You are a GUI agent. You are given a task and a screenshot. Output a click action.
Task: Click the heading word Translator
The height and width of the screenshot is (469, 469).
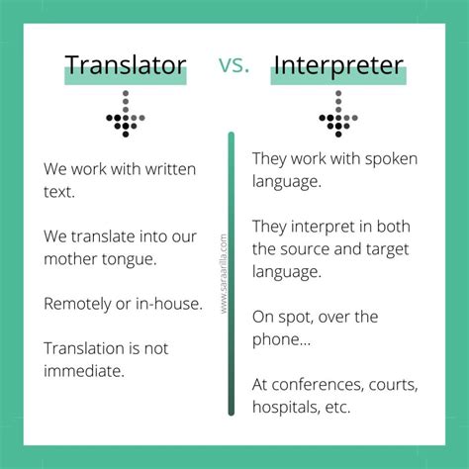coord(126,66)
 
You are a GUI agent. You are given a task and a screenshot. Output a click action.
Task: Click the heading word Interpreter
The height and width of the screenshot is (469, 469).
coord(337,66)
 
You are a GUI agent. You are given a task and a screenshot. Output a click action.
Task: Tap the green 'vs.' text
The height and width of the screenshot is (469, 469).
coord(234,65)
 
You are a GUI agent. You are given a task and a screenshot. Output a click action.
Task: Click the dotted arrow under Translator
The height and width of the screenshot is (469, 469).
coord(125,114)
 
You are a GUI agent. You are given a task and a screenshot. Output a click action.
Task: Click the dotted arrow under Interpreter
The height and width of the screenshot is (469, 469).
coord(337,114)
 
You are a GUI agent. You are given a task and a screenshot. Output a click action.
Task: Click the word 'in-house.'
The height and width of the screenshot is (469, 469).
coord(169,305)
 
